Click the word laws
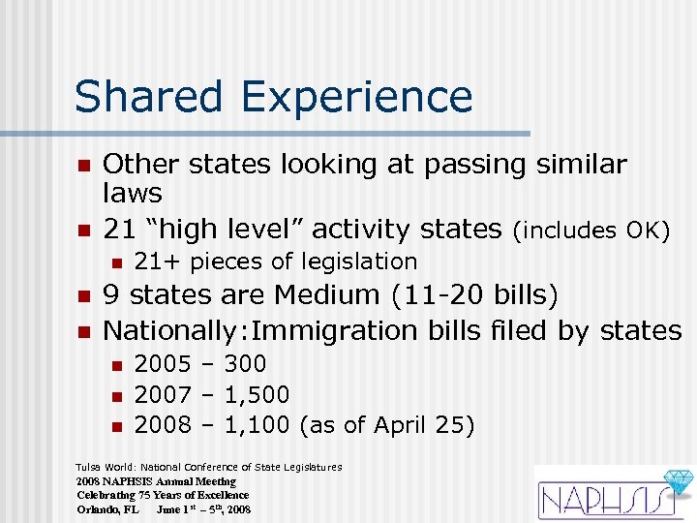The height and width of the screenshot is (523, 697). (133, 194)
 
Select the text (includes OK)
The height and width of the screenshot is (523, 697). (591, 231)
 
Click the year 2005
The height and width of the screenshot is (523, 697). (161, 364)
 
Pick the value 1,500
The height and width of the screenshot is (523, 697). (257, 395)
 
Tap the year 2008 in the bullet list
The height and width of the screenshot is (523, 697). (161, 425)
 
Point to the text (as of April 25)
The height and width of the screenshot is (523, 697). (387, 425)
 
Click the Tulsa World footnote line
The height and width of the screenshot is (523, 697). (209, 467)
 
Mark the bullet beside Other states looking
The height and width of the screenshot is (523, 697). (84, 166)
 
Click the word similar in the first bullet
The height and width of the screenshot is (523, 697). (580, 165)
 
